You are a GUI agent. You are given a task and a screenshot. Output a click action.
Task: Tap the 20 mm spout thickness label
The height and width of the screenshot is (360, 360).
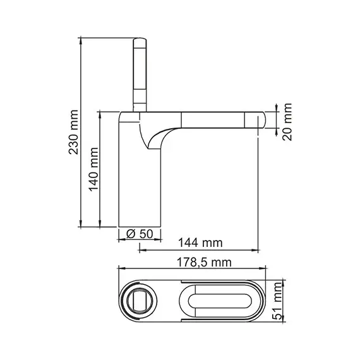(x=288, y=121)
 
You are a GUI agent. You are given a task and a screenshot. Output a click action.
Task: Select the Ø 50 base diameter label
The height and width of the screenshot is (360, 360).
(x=140, y=234)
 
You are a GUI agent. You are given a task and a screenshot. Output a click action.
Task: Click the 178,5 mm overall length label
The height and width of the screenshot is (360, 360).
(x=203, y=261)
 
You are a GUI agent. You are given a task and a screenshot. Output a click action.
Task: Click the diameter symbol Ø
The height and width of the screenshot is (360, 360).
(x=130, y=234)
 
